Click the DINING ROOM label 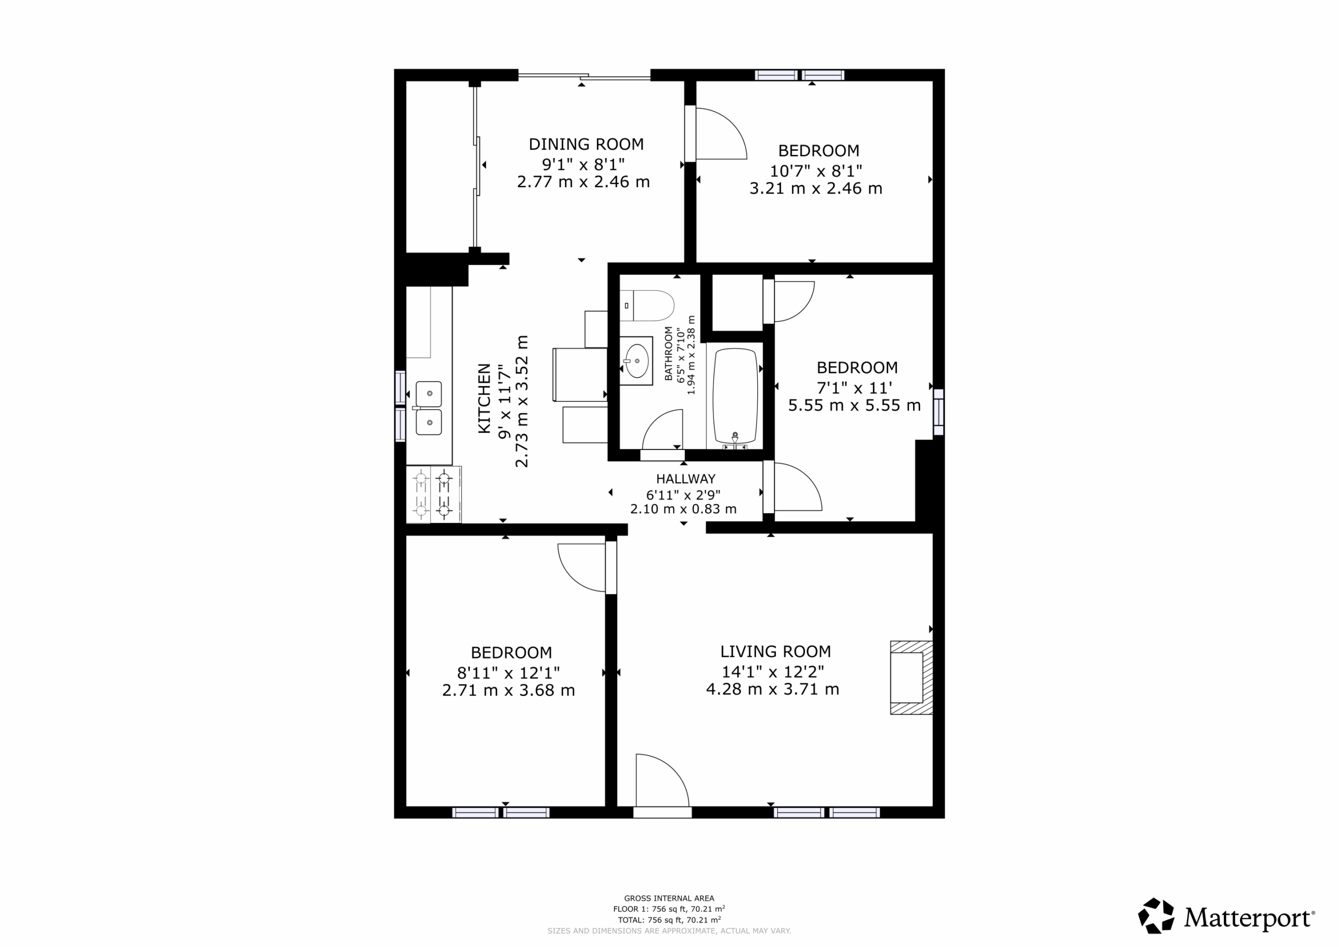[586, 144]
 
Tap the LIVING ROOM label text [776, 651]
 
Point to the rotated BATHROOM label [668, 354]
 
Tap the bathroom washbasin [636, 360]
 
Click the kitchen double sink [429, 408]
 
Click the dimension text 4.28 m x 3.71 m [773, 689]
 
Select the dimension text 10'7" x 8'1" [816, 171]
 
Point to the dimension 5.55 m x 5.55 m [854, 405]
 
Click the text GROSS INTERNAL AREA [669, 898]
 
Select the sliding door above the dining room [584, 76]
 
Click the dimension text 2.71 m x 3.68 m [508, 690]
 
